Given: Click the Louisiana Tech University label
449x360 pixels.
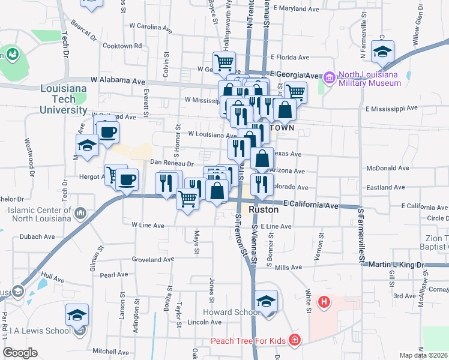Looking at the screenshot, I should click(59, 100).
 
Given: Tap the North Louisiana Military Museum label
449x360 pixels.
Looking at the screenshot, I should click(369, 79).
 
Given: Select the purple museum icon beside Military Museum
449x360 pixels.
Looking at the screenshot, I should click(329, 77).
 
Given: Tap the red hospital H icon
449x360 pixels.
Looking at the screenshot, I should click(324, 301).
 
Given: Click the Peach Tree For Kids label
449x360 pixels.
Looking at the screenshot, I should click(247, 341).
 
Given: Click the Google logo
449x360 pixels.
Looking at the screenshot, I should click(20, 352).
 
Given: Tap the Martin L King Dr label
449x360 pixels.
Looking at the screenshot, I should click(396, 265).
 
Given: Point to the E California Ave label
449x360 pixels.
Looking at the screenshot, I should click(312, 205).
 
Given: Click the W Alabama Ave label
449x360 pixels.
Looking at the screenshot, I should click(118, 80).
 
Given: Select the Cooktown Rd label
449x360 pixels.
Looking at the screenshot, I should click(122, 46).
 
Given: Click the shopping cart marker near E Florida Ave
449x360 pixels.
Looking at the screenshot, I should click(224, 61).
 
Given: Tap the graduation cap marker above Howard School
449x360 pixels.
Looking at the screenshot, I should click(266, 302).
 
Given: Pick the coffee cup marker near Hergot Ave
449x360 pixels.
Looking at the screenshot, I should click(127, 179).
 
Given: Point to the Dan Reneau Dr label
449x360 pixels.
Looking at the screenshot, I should click(171, 163).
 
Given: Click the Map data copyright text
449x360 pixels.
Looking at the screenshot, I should click(424, 355).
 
